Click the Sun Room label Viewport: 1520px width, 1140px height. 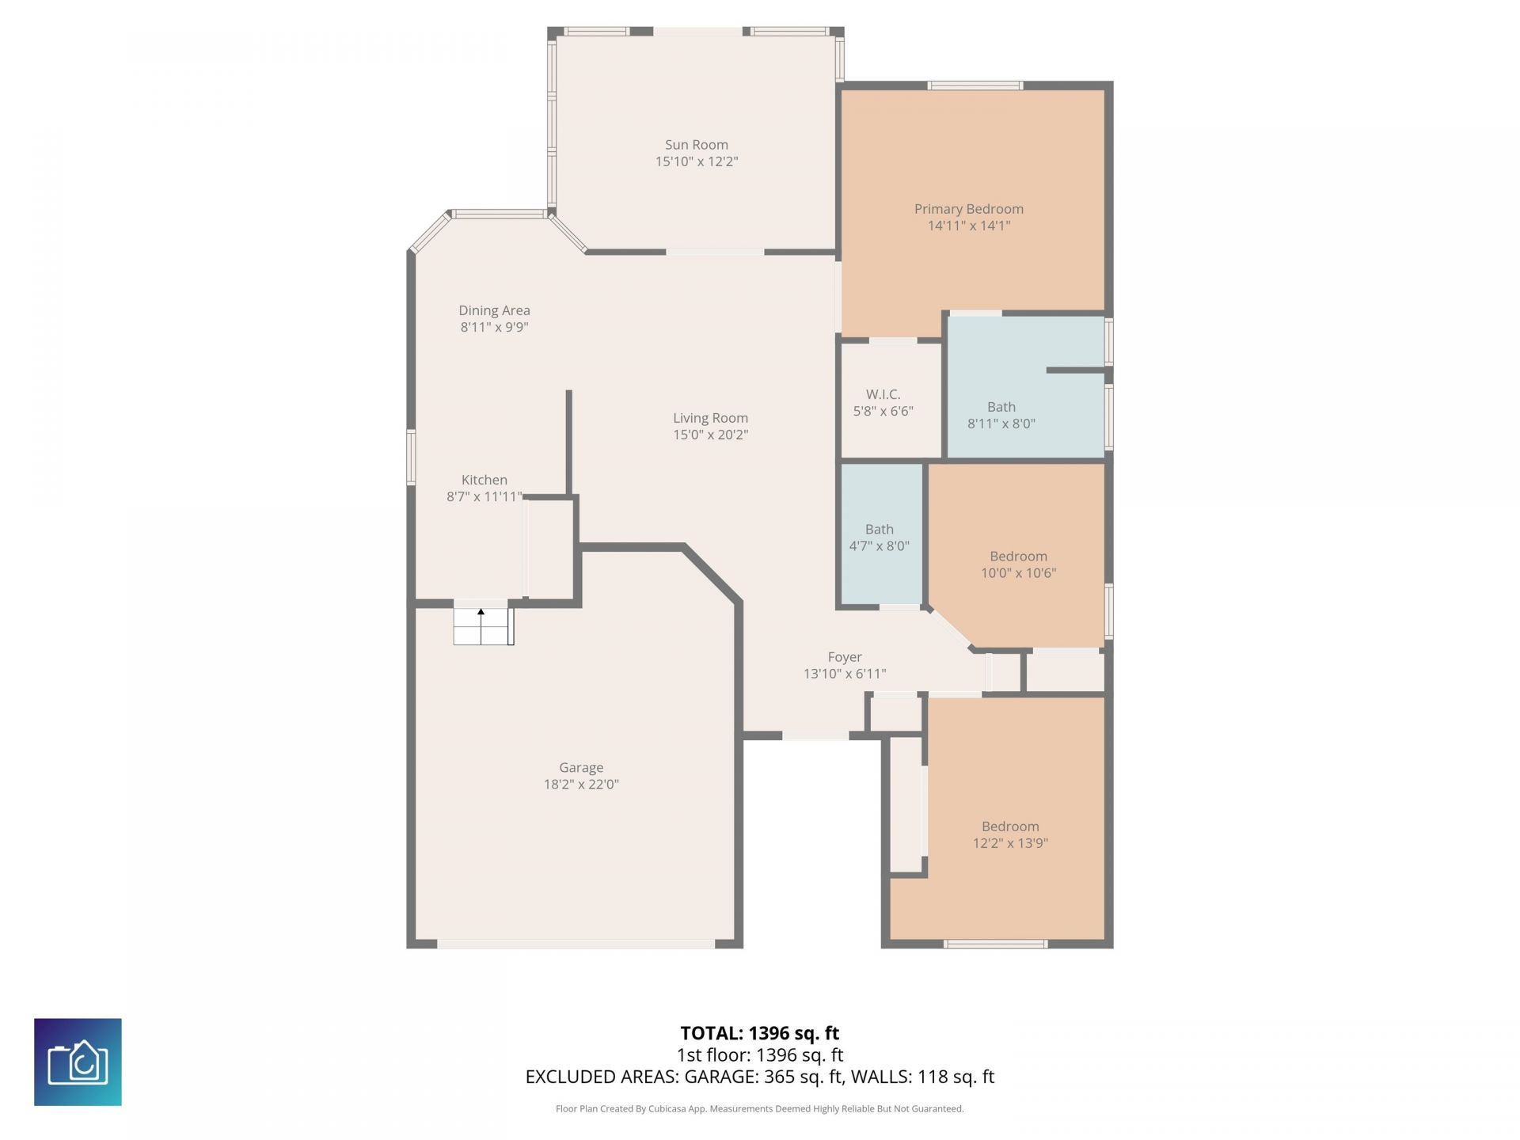[696, 145]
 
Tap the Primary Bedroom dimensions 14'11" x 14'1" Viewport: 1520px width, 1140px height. [969, 226]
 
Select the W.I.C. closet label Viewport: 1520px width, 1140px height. [883, 394]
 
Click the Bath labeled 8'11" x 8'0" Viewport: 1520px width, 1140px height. [1001, 415]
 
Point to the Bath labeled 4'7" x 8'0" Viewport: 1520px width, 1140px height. [879, 538]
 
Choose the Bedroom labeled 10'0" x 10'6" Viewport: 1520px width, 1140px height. [1018, 564]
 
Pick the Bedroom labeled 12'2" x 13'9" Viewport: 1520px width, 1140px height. [1010, 834]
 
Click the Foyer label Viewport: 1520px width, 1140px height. [844, 657]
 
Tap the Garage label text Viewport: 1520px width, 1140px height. [581, 767]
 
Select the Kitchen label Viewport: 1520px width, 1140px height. [484, 480]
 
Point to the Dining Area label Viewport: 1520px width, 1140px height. [494, 310]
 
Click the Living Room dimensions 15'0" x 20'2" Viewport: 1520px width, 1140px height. [710, 435]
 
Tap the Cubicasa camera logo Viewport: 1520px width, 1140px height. [78, 1062]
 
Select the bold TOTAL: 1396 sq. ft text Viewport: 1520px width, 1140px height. [759, 1033]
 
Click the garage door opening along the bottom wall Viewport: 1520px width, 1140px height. [576, 944]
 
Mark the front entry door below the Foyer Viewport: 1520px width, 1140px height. [815, 736]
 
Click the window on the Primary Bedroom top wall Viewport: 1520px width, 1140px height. [975, 85]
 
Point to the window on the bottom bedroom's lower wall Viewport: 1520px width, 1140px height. [995, 944]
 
